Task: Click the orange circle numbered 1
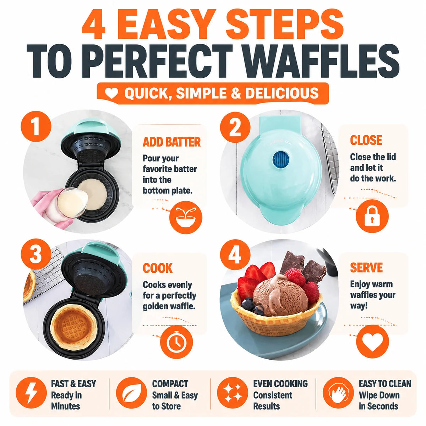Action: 36,127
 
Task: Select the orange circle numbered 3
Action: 36,254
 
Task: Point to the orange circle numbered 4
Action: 235,255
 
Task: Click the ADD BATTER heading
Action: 171,142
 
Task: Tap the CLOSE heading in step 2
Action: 366,140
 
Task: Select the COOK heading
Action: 157,268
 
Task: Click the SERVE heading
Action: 366,268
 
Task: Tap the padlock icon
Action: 372,216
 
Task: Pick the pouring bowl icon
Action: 186,217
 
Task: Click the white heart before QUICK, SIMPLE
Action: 111,93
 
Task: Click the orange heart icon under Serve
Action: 372,342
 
